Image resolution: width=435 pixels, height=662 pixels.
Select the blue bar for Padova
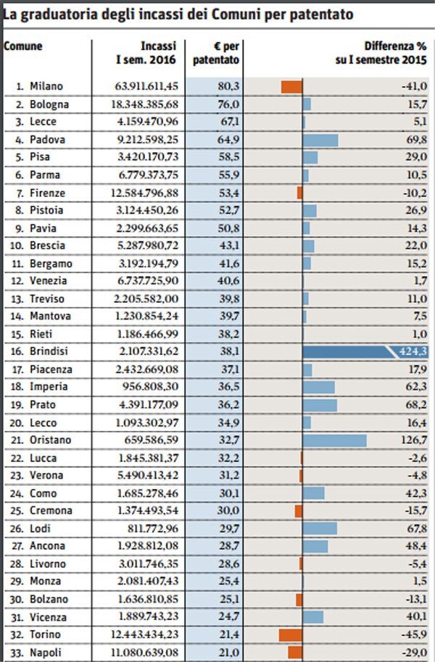(x=320, y=140)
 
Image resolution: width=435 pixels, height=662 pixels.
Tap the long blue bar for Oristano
(x=334, y=440)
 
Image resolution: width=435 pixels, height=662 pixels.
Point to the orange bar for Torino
(x=290, y=634)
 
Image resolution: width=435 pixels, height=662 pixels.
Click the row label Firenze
(x=47, y=193)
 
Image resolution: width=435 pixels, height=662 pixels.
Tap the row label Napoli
(x=46, y=652)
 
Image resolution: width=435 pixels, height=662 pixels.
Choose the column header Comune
(x=23, y=46)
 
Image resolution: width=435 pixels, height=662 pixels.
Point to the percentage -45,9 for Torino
(x=413, y=634)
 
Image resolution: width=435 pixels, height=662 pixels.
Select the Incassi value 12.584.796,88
(x=144, y=193)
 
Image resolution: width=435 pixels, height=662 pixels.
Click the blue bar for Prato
(x=319, y=405)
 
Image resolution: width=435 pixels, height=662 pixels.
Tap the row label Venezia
(x=49, y=281)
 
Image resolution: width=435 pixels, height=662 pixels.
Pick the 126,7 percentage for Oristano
(x=413, y=440)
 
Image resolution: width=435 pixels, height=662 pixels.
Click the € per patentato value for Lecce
(x=228, y=122)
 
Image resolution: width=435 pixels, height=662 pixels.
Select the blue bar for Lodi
(x=319, y=529)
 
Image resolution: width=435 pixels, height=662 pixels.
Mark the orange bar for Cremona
(x=298, y=511)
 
